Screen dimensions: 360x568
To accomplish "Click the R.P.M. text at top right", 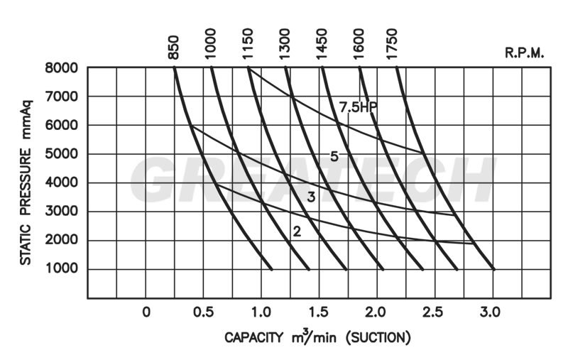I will coord(524,53).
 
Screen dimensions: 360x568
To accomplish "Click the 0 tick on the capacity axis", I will coord(146,312).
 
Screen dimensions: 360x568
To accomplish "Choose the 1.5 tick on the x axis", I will coord(318,312).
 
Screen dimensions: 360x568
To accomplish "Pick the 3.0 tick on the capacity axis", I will coord(491,312).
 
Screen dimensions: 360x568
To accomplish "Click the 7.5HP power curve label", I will coord(358,108).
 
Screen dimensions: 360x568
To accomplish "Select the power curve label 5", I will coord(334,156).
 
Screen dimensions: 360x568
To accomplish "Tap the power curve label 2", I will coord(297,231).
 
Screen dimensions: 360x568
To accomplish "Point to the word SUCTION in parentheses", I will coord(378,337).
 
